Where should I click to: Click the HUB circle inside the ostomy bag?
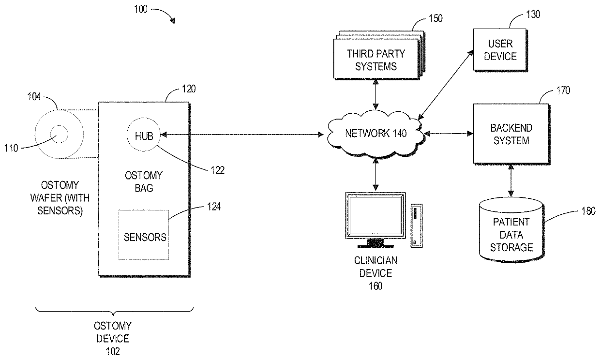point(144,135)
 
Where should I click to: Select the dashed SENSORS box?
point(144,235)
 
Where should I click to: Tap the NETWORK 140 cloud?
point(375,134)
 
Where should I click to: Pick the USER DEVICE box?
point(500,50)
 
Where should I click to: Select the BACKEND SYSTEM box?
point(511,134)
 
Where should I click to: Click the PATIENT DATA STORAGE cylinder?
point(511,229)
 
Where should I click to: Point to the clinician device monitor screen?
point(375,215)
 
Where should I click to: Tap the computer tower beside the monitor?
point(417,225)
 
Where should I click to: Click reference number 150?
point(436,18)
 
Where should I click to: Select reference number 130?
point(533,14)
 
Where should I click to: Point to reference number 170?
point(563,90)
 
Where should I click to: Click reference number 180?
point(588,211)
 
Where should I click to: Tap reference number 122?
point(218,170)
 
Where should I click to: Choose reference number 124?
point(214,207)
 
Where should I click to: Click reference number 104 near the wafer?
point(34,97)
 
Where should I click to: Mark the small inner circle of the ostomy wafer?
point(59,134)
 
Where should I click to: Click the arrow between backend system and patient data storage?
point(511,180)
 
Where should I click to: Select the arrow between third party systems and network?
point(375,94)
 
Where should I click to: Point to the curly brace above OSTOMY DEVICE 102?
point(115,311)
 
